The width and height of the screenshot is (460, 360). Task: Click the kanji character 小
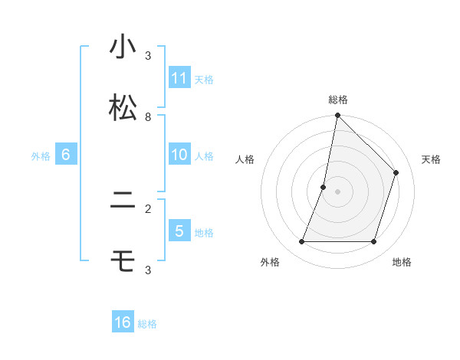[x=123, y=47]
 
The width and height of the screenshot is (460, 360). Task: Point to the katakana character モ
[x=123, y=262]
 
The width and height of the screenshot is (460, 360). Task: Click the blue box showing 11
[x=179, y=78]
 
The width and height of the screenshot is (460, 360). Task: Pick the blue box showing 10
[x=179, y=155]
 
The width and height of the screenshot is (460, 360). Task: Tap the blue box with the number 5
[x=179, y=231]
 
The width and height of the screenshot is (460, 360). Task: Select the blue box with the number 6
[x=66, y=155]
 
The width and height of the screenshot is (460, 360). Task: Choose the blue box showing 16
[x=123, y=322]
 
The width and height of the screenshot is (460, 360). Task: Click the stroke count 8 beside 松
[x=148, y=117]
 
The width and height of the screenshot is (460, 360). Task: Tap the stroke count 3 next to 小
[x=148, y=56]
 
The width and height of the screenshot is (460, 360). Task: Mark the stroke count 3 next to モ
[x=148, y=270]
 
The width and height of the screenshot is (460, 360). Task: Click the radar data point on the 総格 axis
[x=337, y=116]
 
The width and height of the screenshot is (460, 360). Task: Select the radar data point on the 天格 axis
[x=396, y=172]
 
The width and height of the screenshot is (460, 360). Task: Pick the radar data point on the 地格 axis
[x=373, y=242]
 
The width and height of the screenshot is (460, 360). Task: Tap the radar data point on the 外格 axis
[x=301, y=242]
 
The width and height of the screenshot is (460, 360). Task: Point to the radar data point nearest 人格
[x=324, y=187]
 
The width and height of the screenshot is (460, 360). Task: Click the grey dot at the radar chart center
[x=337, y=191]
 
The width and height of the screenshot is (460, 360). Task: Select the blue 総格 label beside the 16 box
[x=147, y=323]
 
